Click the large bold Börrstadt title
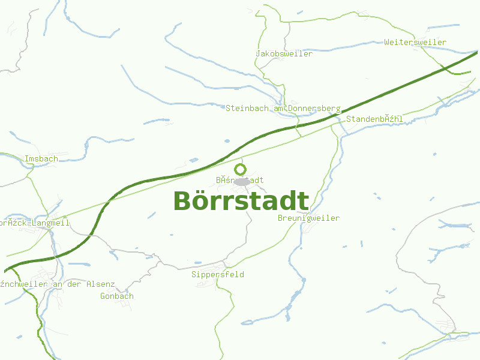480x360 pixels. [x=241, y=201]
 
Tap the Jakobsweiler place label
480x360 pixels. [x=284, y=54]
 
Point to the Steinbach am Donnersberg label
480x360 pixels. [x=283, y=109]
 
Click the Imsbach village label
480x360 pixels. [x=41, y=159]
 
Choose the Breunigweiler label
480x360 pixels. [x=308, y=218]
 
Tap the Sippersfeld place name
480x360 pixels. [x=218, y=275]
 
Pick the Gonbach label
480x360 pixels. [x=117, y=296]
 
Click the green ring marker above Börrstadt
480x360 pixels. [x=241, y=169]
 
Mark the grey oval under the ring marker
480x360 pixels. [x=242, y=182]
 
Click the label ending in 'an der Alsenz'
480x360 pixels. [x=58, y=284]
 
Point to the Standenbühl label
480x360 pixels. [x=374, y=119]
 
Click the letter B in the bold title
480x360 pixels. [x=183, y=202]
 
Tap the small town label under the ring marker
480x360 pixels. [x=239, y=180]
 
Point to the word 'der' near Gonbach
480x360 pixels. [x=74, y=284]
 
